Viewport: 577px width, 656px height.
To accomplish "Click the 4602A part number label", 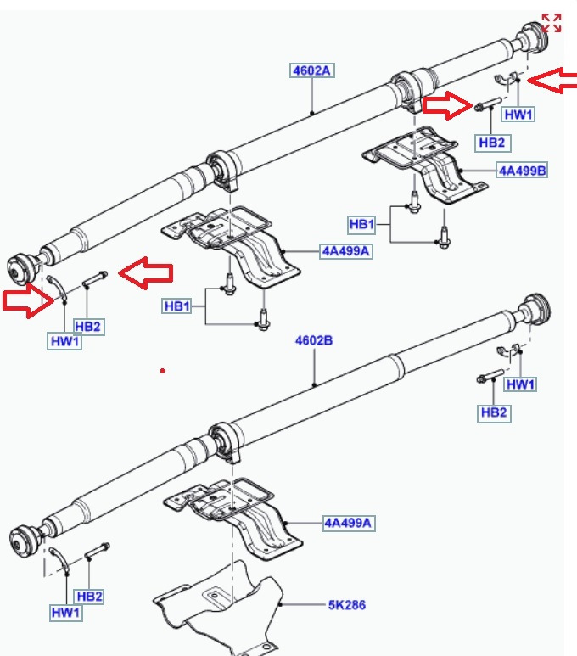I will pyautogui.click(x=311, y=71).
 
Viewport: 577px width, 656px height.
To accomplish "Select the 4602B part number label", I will pyautogui.click(x=314, y=340).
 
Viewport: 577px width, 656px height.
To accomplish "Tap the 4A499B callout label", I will pyautogui.click(x=522, y=171).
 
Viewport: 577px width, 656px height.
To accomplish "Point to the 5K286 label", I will pyautogui.click(x=348, y=606).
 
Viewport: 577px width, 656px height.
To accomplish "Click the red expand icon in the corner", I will pyautogui.click(x=552, y=23).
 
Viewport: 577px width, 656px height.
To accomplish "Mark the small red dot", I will pyautogui.click(x=162, y=371).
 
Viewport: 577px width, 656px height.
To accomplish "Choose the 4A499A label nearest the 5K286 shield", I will pyautogui.click(x=348, y=523).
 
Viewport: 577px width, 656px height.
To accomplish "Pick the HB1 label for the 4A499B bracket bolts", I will pyautogui.click(x=361, y=224).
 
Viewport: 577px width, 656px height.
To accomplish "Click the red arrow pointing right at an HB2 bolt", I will pyautogui.click(x=446, y=105).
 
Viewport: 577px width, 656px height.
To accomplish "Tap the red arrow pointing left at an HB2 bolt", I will pyautogui.click(x=145, y=272).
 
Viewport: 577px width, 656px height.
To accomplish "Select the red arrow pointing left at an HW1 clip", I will pyautogui.click(x=549, y=81).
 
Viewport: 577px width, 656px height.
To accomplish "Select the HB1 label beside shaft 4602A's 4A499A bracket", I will pyautogui.click(x=176, y=306).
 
